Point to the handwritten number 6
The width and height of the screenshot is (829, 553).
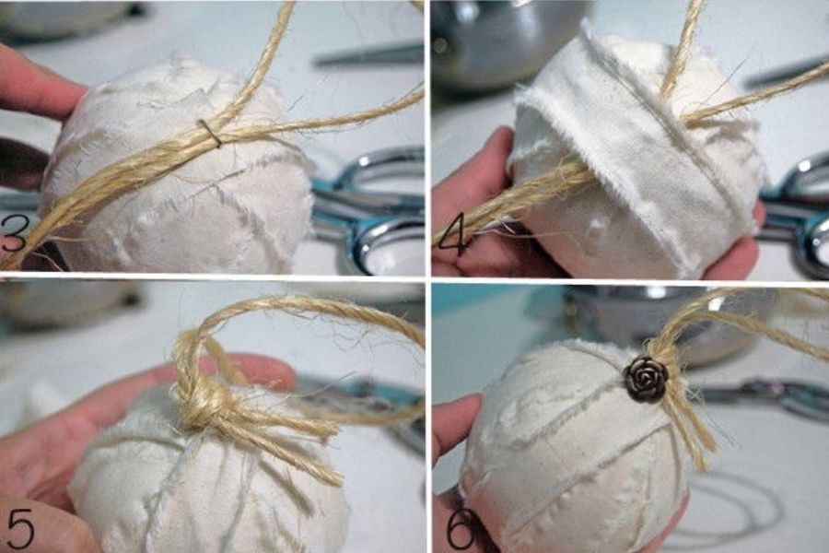click(460, 528)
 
